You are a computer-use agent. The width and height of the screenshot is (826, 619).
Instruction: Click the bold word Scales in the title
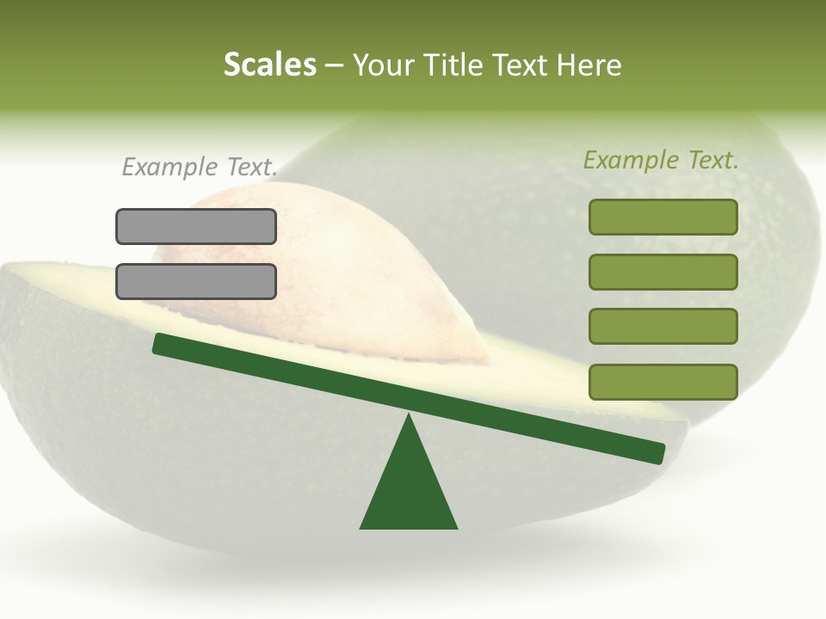coord(269,65)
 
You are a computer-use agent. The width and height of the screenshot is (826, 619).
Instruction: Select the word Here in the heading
coord(589,65)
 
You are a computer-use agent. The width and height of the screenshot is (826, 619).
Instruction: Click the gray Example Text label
coord(200,167)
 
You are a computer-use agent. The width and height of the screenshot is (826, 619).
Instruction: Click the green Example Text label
coord(661,160)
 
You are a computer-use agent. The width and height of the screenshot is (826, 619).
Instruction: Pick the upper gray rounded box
coord(196,227)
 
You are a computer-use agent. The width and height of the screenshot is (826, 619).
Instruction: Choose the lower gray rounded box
coord(196,281)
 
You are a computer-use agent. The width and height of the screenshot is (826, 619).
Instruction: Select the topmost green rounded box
coord(663,217)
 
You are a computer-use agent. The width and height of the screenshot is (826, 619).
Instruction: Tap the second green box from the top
coord(663,272)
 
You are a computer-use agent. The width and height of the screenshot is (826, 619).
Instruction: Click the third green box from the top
coord(663,327)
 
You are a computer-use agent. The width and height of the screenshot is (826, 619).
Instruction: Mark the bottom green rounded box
coord(663,382)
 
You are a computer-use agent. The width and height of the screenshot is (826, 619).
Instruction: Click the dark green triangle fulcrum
coord(409,490)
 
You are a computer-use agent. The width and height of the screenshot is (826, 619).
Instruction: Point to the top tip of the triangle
coord(409,418)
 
